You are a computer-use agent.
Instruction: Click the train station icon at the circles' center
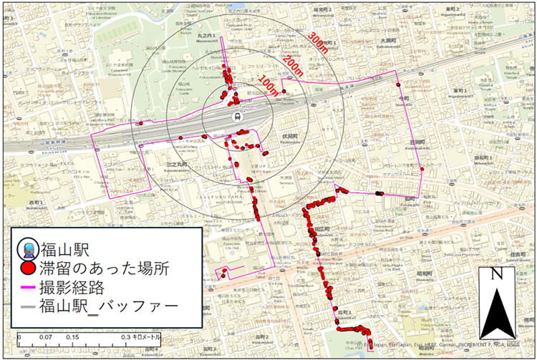point(236,115)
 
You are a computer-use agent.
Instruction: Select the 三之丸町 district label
point(177,165)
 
